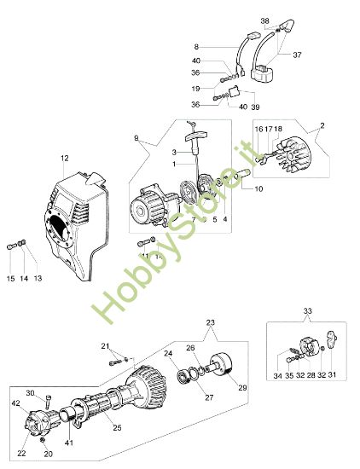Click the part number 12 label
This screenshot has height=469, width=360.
click(x=64, y=158)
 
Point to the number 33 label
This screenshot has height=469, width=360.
click(x=308, y=312)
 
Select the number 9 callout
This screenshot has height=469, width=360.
click(x=136, y=138)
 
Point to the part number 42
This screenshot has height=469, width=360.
click(x=15, y=402)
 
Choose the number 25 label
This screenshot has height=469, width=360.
click(x=118, y=426)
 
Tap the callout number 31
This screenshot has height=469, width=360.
click(x=331, y=375)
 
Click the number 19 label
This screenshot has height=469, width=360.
click(x=195, y=87)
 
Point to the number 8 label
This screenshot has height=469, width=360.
click(x=195, y=46)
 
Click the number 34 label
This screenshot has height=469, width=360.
click(x=277, y=375)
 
